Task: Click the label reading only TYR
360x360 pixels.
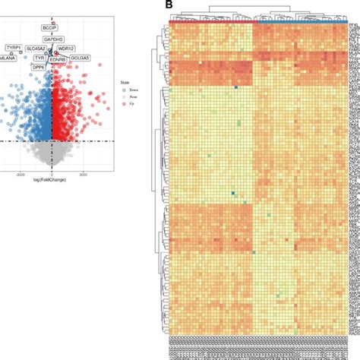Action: pyautogui.click(x=39, y=57)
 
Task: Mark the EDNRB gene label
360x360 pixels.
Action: pyautogui.click(x=58, y=57)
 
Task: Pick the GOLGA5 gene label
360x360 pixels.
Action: pyautogui.click(x=80, y=57)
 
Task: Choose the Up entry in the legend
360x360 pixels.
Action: pyautogui.click(x=137, y=102)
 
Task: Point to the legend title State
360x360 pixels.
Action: pyautogui.click(x=134, y=81)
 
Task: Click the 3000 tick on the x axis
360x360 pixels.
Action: pyautogui.click(x=85, y=173)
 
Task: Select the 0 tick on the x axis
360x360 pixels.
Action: pyautogui.click(x=51, y=173)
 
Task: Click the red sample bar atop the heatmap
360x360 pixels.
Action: pyautogui.click(x=213, y=22)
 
